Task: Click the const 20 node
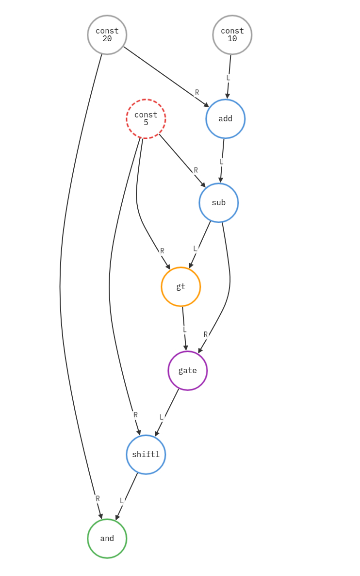(107, 35)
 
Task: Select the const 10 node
(232, 35)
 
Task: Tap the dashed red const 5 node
(146, 119)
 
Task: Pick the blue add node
(226, 119)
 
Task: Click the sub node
(219, 203)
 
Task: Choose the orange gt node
(181, 287)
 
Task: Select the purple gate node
(188, 371)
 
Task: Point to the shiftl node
(146, 455)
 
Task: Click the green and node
(107, 539)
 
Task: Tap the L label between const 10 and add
(228, 78)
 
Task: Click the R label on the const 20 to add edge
(197, 92)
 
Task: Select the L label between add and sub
(221, 162)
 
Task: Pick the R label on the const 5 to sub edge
(196, 170)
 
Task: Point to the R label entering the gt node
(162, 251)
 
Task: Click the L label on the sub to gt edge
(195, 248)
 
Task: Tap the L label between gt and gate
(184, 329)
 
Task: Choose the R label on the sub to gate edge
(206, 334)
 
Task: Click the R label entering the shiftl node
(135, 415)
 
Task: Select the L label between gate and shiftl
(162, 417)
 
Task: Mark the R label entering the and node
(98, 498)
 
